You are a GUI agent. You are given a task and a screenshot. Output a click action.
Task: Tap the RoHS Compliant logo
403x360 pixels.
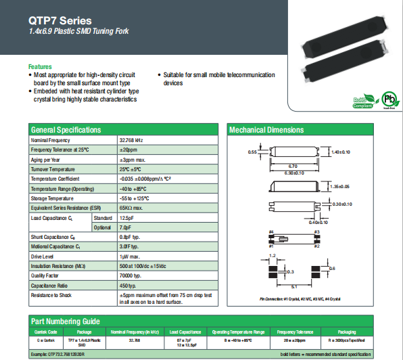click(x=362, y=101)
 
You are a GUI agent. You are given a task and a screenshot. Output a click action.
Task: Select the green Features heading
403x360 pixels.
click(x=40, y=67)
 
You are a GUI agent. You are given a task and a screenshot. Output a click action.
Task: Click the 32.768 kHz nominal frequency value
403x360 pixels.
click(x=131, y=139)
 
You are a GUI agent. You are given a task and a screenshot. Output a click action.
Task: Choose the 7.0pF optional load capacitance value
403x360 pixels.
click(x=126, y=228)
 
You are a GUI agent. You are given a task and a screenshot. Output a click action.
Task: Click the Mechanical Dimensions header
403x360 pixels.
click(x=267, y=130)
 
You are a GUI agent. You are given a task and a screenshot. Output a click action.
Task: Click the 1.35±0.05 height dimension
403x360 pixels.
click(x=340, y=185)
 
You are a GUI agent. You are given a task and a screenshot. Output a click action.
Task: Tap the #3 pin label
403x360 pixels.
click(x=316, y=232)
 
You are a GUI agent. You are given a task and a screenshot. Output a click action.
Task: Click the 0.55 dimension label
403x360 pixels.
click(x=252, y=152)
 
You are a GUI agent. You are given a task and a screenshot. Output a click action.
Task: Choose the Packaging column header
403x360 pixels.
click(x=346, y=332)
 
